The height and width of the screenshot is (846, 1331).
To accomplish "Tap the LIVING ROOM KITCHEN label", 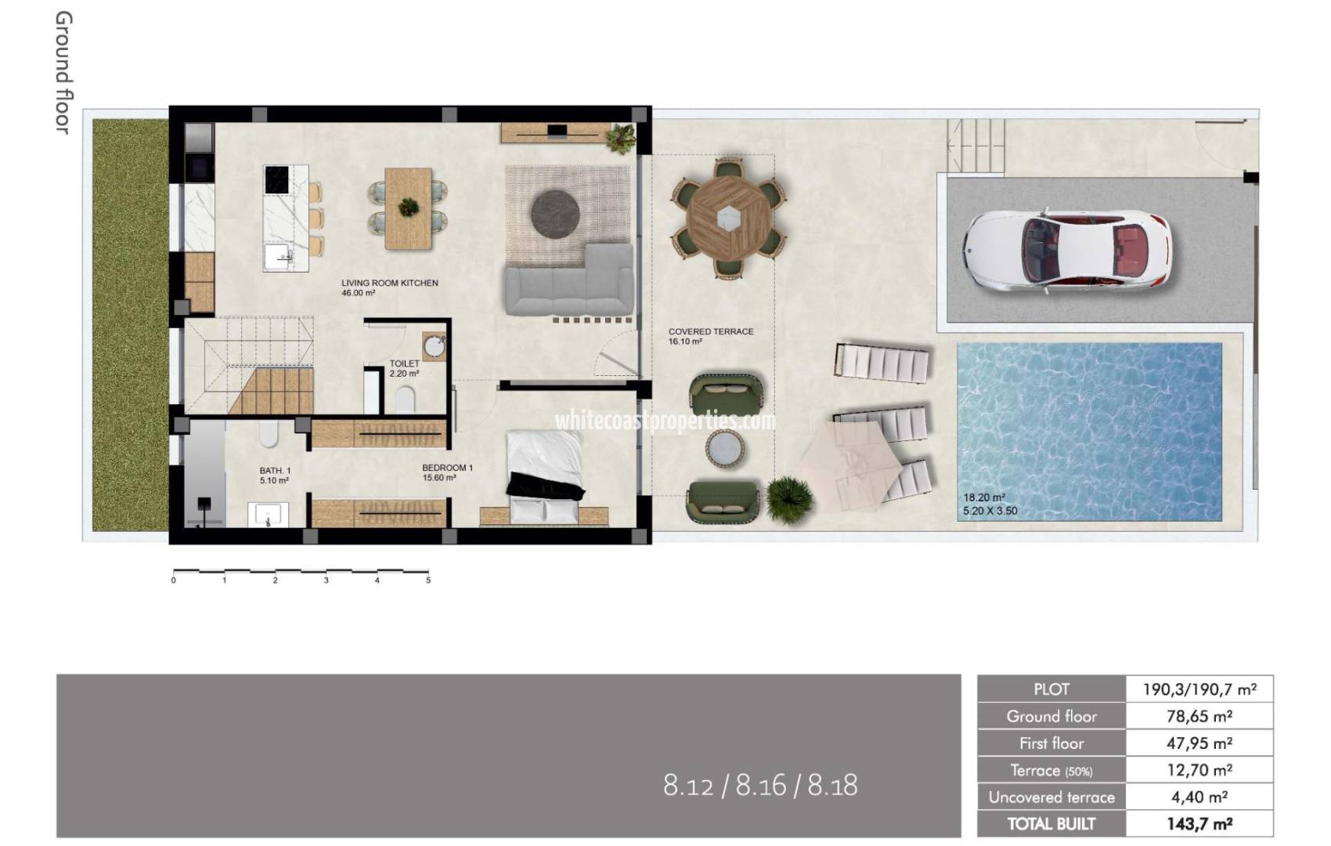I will tap(389, 283).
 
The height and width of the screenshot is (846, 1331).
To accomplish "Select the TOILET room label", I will tap(405, 363).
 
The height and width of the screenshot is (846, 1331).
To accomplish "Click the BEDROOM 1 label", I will tap(447, 468).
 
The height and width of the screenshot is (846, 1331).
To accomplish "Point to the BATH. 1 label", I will tap(275, 471).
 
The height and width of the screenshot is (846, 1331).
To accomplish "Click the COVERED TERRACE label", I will tap(710, 331).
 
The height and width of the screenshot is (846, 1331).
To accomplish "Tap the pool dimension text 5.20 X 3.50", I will tap(990, 512).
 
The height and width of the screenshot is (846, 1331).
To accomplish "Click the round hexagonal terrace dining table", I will tap(728, 219).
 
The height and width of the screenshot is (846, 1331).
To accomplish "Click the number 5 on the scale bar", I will tap(428, 580).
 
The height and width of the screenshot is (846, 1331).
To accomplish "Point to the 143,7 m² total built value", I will tap(1199, 823).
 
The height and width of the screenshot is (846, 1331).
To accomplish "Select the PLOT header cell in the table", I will tap(1051, 689).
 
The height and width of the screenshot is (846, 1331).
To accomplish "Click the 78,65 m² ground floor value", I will tap(1199, 716).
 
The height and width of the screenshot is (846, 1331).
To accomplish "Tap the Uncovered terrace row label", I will tap(1051, 797).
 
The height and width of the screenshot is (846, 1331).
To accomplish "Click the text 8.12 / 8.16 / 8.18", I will tap(760, 785).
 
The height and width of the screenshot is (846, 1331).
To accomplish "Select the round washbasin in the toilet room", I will tap(434, 345).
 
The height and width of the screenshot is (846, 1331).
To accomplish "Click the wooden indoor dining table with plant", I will tap(408, 208).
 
